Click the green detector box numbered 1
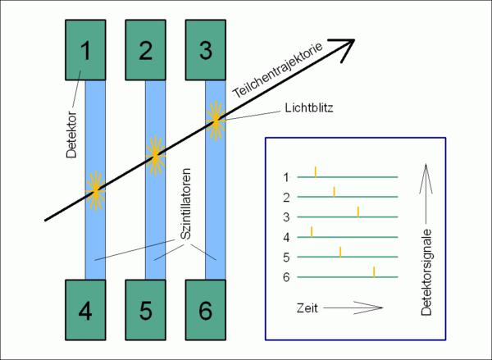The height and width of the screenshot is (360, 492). click(85, 50)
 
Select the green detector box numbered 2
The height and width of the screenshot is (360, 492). click(146, 50)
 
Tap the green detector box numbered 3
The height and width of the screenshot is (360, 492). click(206, 50)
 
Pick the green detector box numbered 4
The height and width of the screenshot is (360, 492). click(85, 310)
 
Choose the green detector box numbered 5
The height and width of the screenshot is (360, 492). click(146, 310)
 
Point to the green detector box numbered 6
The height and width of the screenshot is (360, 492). click(206, 310)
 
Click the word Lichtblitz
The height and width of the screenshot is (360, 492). click(309, 108)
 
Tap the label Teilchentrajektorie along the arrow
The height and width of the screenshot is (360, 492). click(278, 70)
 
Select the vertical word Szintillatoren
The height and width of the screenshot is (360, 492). click(186, 204)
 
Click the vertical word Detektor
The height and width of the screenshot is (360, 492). click(71, 134)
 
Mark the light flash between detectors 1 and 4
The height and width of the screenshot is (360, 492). click(95, 190)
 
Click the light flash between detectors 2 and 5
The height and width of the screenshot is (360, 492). click(155, 156)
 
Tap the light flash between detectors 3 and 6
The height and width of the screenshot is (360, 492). click(216, 121)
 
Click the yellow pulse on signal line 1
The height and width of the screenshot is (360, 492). click(316, 172)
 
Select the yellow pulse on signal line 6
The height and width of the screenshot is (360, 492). click(374, 271)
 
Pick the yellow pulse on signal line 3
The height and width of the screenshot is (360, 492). click(358, 212)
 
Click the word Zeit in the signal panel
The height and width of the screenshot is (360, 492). click(307, 308)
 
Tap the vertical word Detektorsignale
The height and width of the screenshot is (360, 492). click(426, 272)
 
